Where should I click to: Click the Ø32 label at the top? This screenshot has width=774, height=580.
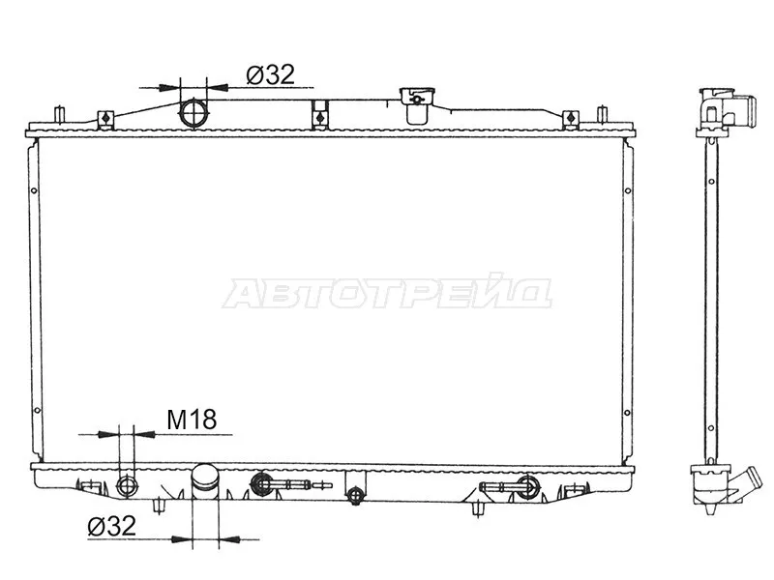pos(269,74)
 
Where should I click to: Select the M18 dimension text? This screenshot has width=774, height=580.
pos(192,419)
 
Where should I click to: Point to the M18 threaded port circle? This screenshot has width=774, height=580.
pos(124,484)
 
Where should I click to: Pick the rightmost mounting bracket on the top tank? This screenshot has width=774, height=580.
pos(571,118)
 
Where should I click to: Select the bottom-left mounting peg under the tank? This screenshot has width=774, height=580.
pos(160,506)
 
